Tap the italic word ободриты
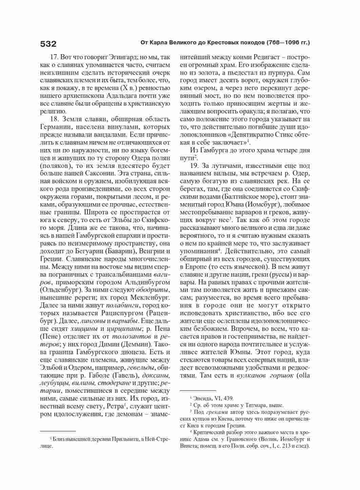coord(152,291)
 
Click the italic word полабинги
coord(120,306)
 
